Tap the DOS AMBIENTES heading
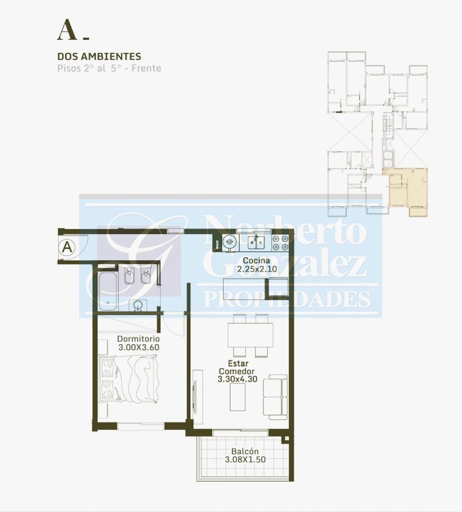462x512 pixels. point(99,56)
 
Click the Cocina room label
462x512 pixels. point(256,261)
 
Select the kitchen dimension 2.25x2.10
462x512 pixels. point(257,269)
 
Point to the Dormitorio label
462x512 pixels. point(138,339)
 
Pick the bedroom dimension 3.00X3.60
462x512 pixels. point(139,347)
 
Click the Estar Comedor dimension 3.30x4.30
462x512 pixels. point(237,379)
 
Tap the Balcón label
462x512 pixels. point(245,451)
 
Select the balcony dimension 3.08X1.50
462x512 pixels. point(245,459)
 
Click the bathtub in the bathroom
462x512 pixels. point(108,292)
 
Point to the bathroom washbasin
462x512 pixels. point(138,306)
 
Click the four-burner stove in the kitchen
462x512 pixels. point(280,243)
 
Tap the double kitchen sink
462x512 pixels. point(256,242)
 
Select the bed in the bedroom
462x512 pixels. point(129,380)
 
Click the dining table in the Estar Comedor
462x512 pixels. point(250,335)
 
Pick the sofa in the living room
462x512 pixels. point(275,397)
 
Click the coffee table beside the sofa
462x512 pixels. point(237,397)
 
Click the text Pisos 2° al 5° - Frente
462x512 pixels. point(109,68)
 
